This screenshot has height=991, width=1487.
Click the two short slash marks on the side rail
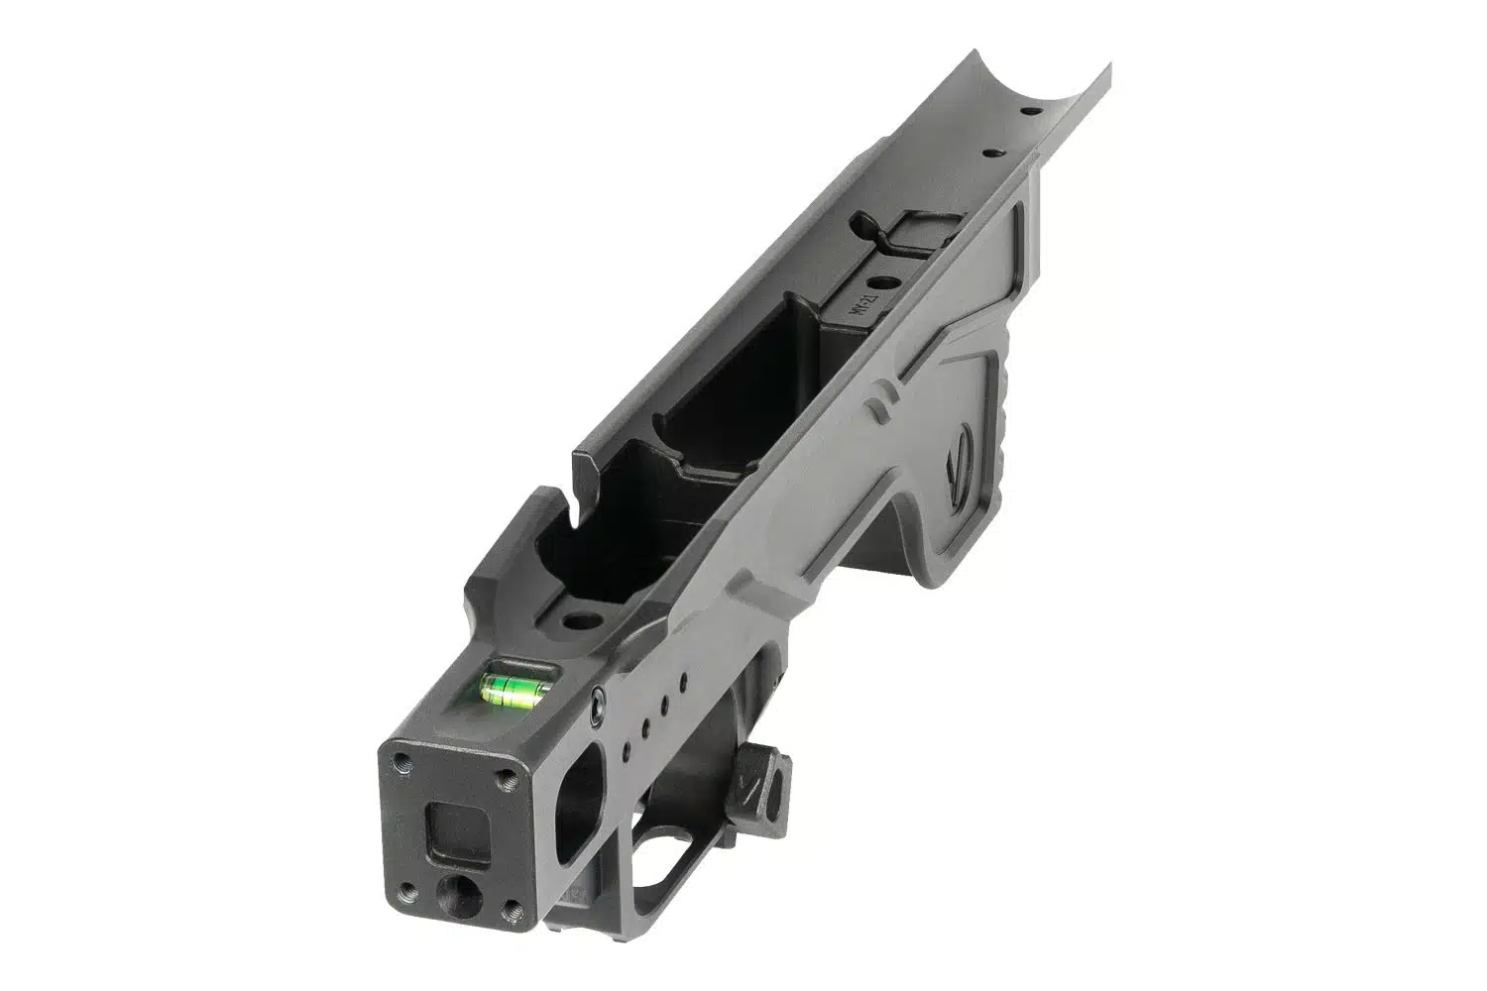pos(875,404)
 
